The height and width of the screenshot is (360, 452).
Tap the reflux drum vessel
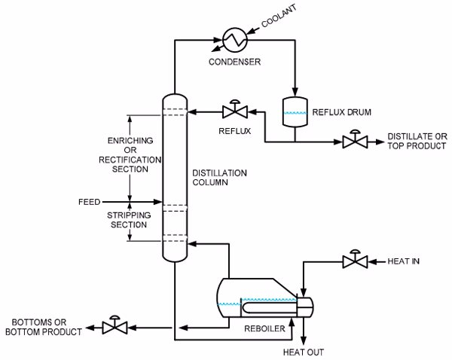pos(294,110)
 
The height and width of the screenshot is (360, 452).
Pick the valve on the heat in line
pos(353,260)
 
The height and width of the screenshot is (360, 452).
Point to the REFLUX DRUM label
pos(339,111)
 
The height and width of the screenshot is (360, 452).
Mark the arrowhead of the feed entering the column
pos(159,202)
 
